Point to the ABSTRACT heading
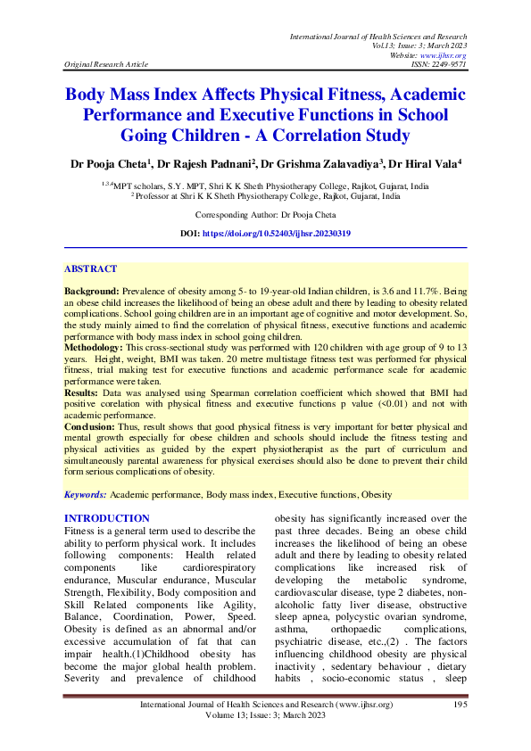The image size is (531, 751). pos(90,268)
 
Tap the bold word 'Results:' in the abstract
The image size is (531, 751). pos(83,392)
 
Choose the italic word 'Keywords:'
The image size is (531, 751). pos(86,494)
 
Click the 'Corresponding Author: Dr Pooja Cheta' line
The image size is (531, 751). pos(265,216)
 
